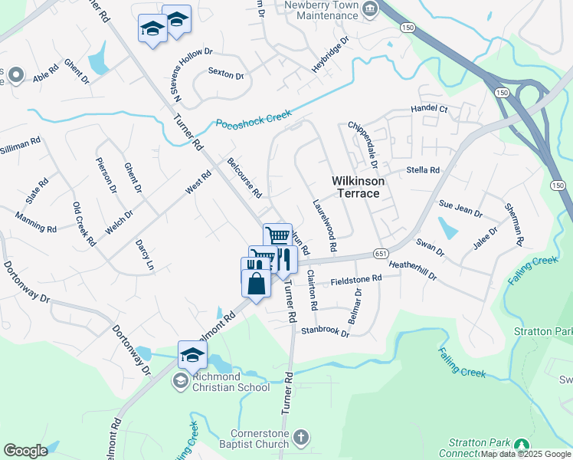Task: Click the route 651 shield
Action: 380,253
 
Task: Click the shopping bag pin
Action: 256,284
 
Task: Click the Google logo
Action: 25,451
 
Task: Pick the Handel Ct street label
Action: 429,109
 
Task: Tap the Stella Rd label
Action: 423,169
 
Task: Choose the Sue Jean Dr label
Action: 460,209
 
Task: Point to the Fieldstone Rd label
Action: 355,281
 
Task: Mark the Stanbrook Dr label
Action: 325,332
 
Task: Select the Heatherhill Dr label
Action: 412,269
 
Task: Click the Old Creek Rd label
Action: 83,223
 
